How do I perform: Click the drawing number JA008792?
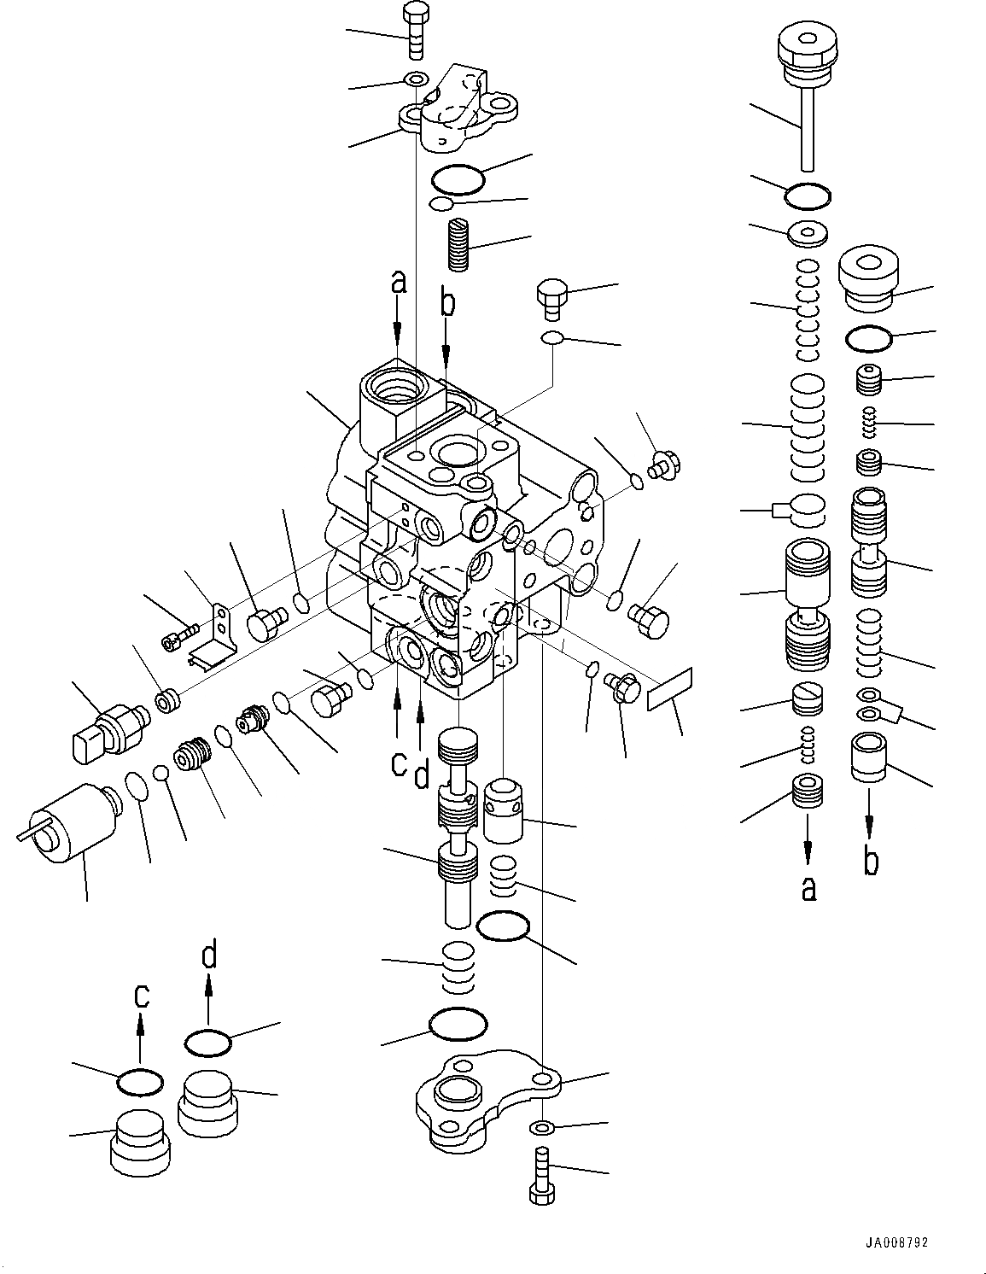(x=896, y=1242)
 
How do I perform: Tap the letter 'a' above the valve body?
(x=399, y=281)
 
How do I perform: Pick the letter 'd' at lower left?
(x=209, y=954)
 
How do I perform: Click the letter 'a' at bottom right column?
(x=808, y=888)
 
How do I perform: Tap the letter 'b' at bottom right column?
(x=870, y=862)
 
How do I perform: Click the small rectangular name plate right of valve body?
(x=670, y=690)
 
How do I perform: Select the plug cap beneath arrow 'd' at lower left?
(x=207, y=1102)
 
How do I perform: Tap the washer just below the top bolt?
(x=416, y=79)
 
